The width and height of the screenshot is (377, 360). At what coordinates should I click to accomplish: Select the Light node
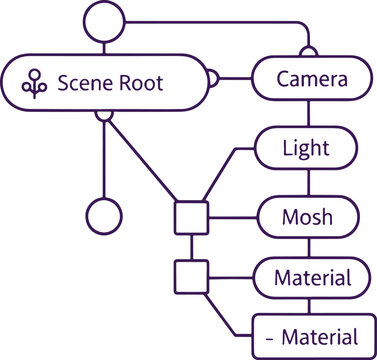click(x=306, y=148)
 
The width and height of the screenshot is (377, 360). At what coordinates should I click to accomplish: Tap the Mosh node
click(x=306, y=215)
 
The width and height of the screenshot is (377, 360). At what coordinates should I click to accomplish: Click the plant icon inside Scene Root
click(x=37, y=83)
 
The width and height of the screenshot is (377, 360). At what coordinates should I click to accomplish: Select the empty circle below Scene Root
click(x=104, y=214)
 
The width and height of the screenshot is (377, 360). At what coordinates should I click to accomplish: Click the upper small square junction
click(x=190, y=216)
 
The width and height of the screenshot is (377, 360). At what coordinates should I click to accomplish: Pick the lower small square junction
click(x=190, y=275)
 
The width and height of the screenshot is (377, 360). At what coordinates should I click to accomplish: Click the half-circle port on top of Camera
click(x=309, y=51)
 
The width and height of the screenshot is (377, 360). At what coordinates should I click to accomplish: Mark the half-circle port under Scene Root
click(x=104, y=115)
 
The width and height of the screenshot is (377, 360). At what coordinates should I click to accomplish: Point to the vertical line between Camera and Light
click(x=306, y=114)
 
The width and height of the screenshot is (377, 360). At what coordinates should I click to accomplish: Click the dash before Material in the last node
click(x=269, y=336)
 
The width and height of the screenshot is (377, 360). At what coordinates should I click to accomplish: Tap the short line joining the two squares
click(x=190, y=245)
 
